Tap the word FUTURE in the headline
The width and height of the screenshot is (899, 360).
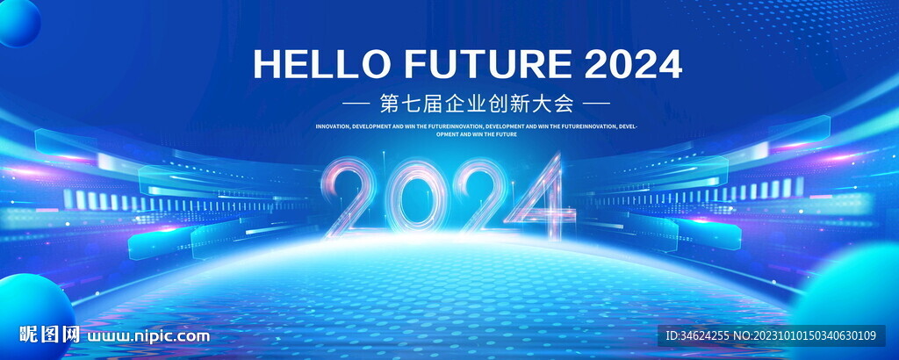(487, 64)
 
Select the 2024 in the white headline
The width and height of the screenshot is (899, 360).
(632, 64)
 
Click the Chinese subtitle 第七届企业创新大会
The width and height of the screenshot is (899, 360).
(477, 104)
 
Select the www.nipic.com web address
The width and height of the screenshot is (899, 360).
(149, 335)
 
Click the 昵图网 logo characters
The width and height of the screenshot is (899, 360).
(50, 335)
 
